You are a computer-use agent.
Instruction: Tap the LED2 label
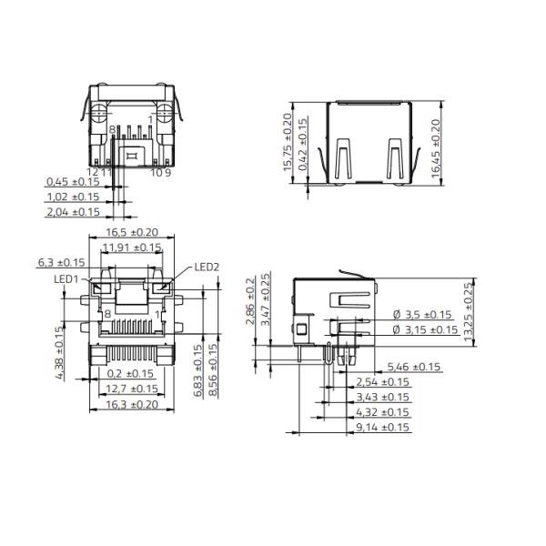207,268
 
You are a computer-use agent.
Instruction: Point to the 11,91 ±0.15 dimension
132,247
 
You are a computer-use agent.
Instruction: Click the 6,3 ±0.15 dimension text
62,262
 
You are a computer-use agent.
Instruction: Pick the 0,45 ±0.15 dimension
73,182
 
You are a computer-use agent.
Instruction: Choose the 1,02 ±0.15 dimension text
73,197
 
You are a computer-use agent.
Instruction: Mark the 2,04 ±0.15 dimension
73,212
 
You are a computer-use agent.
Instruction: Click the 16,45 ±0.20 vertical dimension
435,147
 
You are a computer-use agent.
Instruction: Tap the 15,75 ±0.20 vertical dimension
288,143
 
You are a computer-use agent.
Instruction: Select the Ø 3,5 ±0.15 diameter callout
423,315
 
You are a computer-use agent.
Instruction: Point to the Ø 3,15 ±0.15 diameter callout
425,329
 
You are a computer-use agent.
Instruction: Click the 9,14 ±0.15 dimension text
383,426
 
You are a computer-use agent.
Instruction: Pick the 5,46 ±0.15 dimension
414,367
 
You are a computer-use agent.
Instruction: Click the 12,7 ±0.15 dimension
132,388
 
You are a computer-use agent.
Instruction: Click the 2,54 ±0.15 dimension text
383,381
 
